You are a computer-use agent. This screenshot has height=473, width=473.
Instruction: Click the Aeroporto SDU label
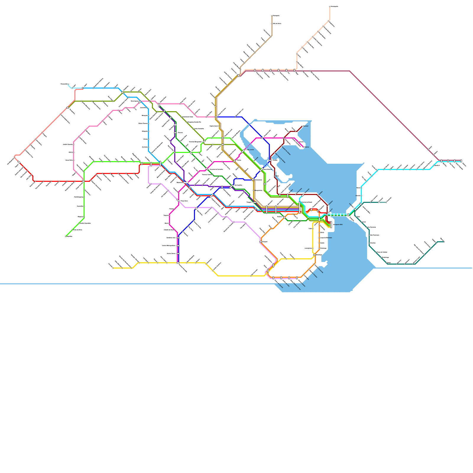(x=338, y=225)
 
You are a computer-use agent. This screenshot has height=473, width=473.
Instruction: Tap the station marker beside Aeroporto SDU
(x=331, y=224)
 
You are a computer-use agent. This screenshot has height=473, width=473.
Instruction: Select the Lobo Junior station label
(x=250, y=150)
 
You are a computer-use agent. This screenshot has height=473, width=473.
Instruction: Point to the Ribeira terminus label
(x=307, y=147)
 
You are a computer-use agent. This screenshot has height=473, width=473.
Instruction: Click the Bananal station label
(x=306, y=126)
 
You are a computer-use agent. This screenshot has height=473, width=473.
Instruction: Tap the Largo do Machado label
(x=326, y=238)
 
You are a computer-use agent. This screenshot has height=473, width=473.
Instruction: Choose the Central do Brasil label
(x=307, y=202)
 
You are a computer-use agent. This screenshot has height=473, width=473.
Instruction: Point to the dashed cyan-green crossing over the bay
(x=337, y=215)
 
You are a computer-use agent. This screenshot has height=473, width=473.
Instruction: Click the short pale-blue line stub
(x=70, y=86)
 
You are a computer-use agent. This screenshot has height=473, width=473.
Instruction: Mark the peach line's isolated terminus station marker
(x=330, y=7)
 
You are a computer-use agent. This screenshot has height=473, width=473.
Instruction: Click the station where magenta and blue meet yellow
(x=178, y=263)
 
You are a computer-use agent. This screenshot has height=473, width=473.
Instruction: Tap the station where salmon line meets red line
(x=19, y=162)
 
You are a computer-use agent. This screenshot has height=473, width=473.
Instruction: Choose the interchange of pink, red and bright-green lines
(x=84, y=181)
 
